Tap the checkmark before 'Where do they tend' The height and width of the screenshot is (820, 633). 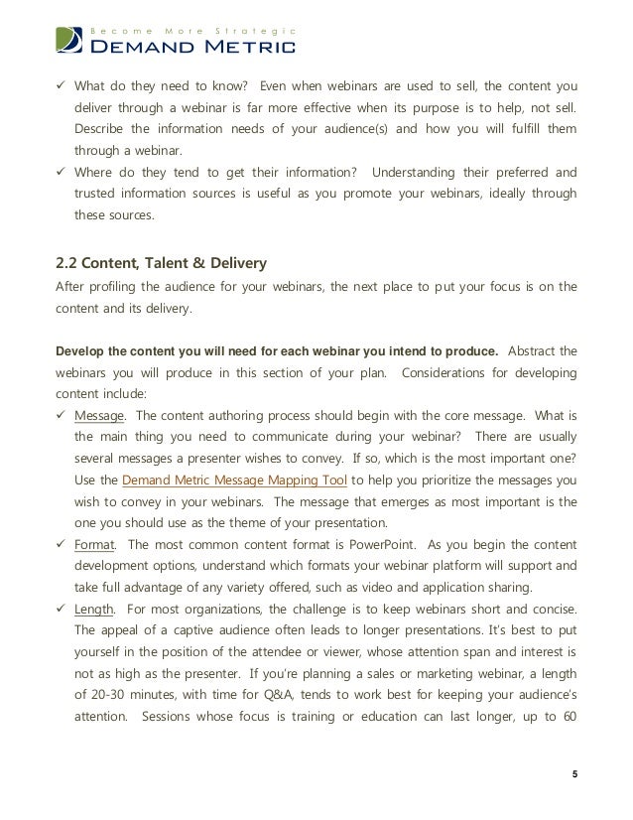tap(62, 173)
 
